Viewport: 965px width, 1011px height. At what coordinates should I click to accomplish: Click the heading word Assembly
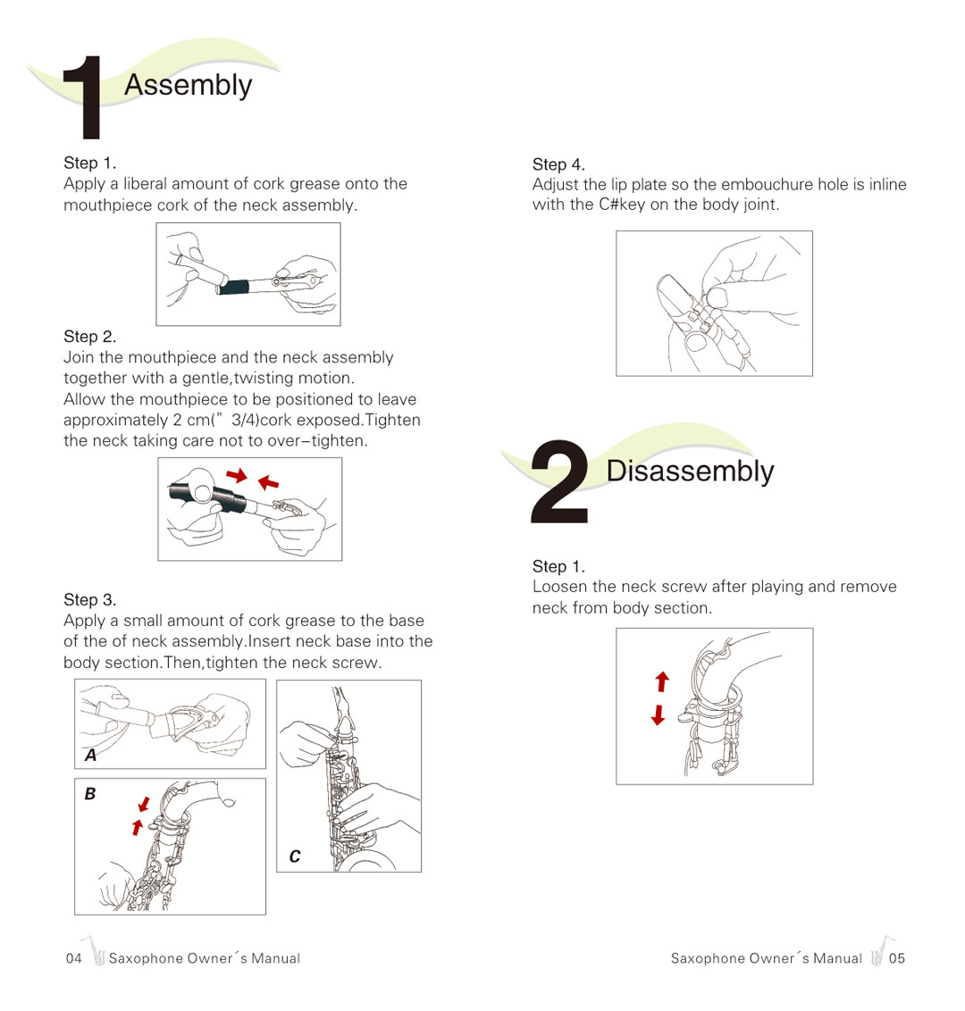pos(188,85)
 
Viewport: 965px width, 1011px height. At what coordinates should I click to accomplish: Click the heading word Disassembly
pos(690,471)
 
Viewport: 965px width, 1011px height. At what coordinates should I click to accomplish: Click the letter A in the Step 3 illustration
pos(90,756)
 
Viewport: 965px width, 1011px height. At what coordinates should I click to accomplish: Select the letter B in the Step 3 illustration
pos(89,794)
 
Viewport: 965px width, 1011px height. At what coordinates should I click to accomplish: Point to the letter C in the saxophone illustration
pos(295,856)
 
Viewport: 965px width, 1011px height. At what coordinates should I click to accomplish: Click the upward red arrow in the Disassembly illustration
pos(662,682)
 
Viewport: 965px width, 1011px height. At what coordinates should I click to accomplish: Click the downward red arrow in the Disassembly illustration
pos(659,714)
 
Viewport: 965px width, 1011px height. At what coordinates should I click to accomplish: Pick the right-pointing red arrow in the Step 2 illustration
pos(236,475)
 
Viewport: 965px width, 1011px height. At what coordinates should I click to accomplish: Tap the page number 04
pos(73,958)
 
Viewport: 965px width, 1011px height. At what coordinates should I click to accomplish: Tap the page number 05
pos(897,958)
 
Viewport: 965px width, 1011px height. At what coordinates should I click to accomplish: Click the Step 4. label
pos(558,164)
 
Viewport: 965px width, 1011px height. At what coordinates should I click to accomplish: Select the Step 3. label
pos(89,599)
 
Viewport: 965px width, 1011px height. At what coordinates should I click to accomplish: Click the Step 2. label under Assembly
pos(89,337)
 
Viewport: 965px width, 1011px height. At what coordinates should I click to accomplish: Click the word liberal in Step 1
pos(145,184)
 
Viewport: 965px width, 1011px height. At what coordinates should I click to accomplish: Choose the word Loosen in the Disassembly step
pos(559,587)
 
